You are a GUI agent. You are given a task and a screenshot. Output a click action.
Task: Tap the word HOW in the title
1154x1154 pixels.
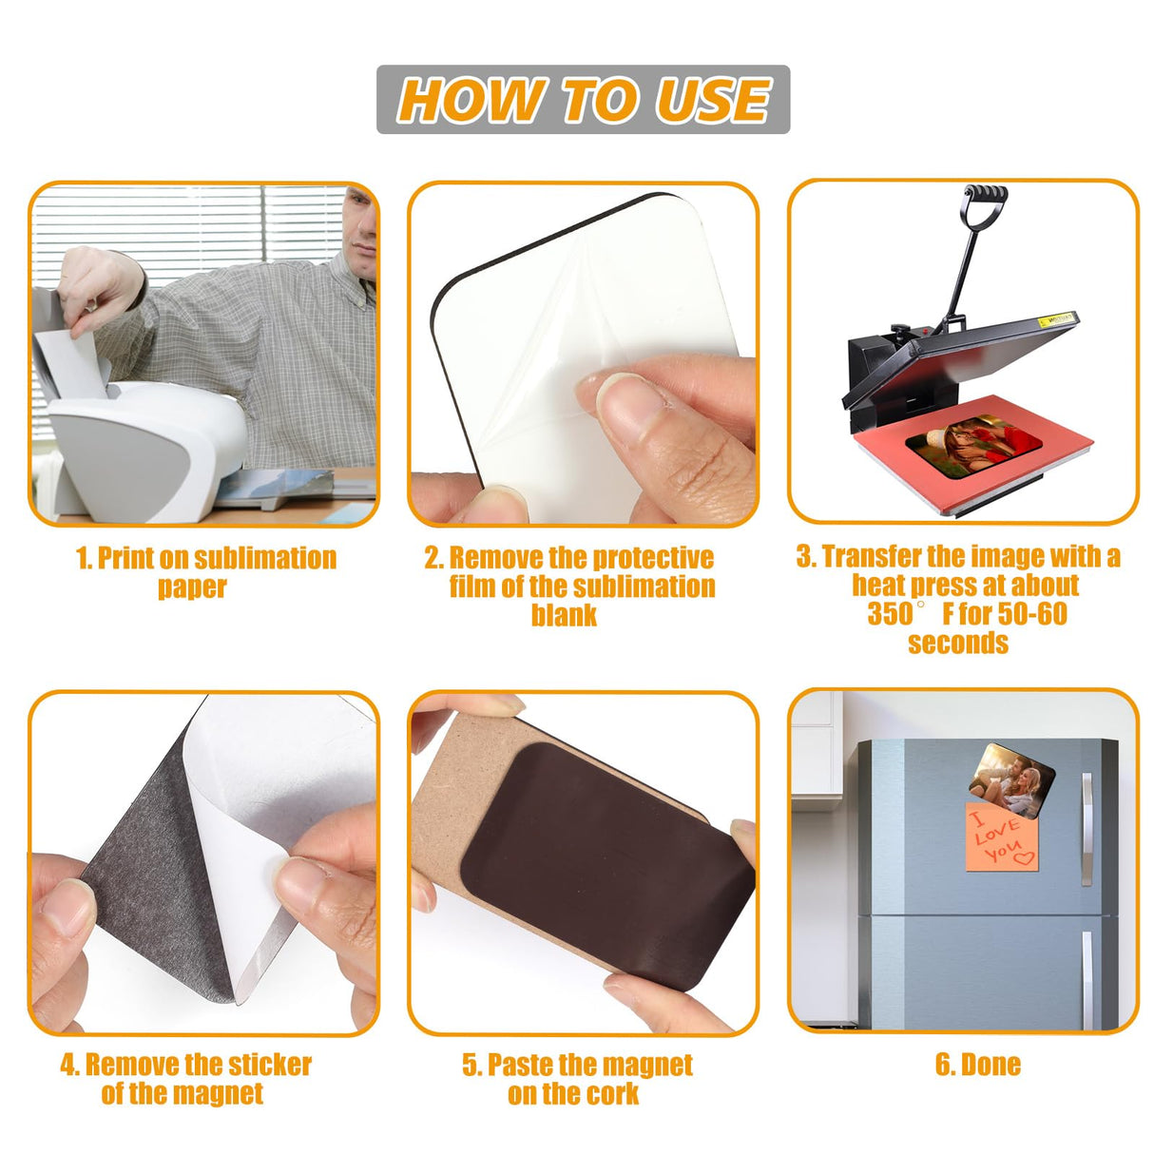(x=471, y=100)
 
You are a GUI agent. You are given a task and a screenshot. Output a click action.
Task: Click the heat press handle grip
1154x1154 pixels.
(x=985, y=195)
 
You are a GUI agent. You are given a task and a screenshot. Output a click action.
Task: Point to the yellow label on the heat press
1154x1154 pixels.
(x=1058, y=321)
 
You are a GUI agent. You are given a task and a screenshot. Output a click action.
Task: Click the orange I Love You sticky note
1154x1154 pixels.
(x=1001, y=837)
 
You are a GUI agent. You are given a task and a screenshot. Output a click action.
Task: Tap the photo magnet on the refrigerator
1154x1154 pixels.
(x=1012, y=780)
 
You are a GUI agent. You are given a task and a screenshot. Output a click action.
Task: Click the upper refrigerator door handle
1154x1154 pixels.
(x=1087, y=828)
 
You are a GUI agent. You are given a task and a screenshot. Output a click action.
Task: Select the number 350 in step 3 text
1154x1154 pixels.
(x=890, y=614)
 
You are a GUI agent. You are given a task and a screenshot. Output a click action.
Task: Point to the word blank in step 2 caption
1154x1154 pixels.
(x=564, y=615)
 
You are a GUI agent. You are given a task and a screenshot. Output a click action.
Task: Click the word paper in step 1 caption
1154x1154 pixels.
(x=192, y=587)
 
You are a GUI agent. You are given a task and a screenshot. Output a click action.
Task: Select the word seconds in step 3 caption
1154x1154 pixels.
(x=958, y=643)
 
